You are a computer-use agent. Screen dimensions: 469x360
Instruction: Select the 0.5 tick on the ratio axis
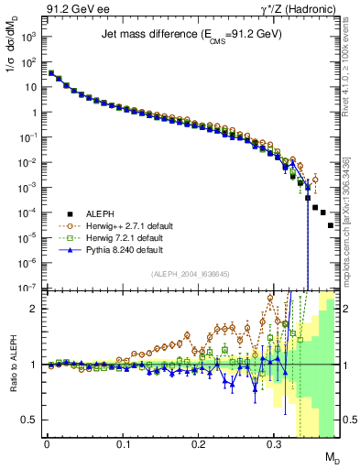[32, 420]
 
